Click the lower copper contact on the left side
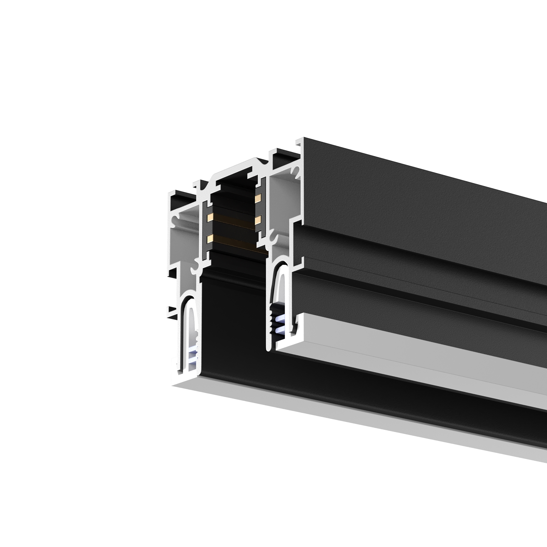[210, 239]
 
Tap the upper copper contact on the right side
[258, 197]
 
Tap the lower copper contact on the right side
[258, 220]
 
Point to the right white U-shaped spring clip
[280, 283]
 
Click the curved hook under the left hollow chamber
[195, 269]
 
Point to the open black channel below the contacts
[232, 312]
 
